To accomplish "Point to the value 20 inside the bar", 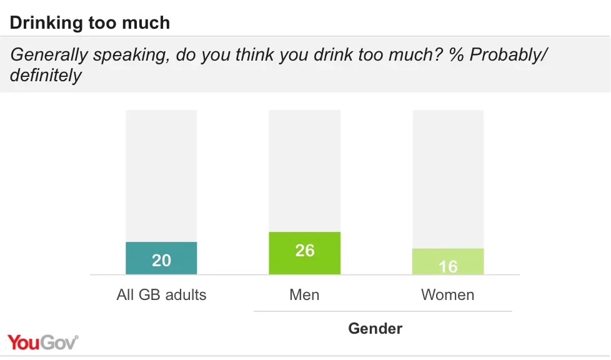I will click(x=161, y=260).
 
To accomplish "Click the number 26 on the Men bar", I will click(x=304, y=251).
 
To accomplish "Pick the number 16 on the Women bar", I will click(x=447, y=267).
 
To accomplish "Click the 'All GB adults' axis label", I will click(x=161, y=295).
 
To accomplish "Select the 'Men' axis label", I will click(x=304, y=295).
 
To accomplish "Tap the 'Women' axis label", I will click(x=447, y=295).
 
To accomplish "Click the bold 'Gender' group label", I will click(x=375, y=328).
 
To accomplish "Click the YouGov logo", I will click(x=43, y=342).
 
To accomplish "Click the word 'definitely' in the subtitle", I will click(x=46, y=76).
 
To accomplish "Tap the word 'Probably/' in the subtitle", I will click(x=508, y=55).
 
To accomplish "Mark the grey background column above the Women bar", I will click(x=447, y=178).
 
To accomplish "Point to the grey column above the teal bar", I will click(x=161, y=175).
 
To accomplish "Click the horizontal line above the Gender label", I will click(x=382, y=311).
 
